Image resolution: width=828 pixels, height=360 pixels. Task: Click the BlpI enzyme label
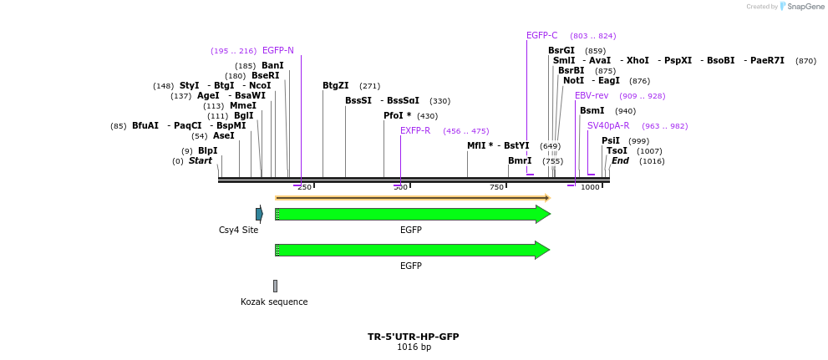click(207, 151)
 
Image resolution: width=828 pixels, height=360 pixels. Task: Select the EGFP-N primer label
click(278, 51)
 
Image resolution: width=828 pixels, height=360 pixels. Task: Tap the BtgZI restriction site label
click(336, 86)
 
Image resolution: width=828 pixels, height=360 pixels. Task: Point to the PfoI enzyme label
click(397, 116)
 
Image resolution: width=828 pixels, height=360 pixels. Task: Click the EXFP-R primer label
click(415, 131)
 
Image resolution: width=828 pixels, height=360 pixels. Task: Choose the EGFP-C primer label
click(542, 36)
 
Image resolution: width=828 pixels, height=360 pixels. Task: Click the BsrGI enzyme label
click(561, 51)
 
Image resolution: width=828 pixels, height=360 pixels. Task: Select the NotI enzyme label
click(573, 81)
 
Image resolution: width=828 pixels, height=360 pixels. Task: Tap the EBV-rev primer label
click(592, 96)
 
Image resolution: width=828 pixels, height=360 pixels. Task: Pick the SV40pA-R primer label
click(608, 126)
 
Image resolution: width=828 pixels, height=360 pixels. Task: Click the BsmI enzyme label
click(592, 111)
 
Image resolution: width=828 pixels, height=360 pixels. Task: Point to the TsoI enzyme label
click(617, 151)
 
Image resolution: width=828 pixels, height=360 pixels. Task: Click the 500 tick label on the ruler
click(401, 187)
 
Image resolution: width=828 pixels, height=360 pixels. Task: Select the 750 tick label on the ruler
click(497, 187)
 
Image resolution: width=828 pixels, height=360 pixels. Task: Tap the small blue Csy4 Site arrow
click(259, 215)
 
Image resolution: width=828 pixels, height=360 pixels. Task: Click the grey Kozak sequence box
click(275, 286)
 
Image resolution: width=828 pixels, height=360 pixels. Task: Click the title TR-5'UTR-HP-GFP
click(414, 337)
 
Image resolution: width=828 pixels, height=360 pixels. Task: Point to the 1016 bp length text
click(414, 347)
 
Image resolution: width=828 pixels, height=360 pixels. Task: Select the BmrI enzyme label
click(520, 161)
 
